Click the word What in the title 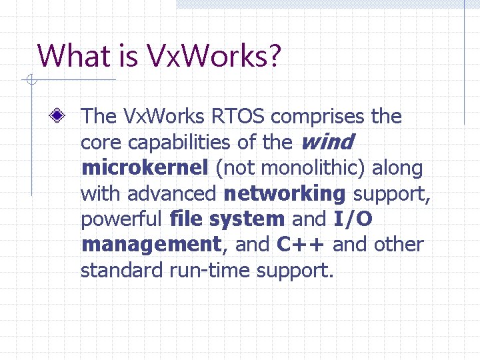tap(69, 56)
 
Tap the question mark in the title tap(273, 56)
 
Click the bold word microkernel tap(144, 168)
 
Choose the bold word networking tap(285, 193)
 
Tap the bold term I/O tap(353, 219)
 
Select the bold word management tap(150, 245)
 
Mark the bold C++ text tap(301, 245)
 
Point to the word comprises tap(319, 117)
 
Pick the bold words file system tap(227, 219)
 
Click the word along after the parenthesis tap(397, 168)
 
